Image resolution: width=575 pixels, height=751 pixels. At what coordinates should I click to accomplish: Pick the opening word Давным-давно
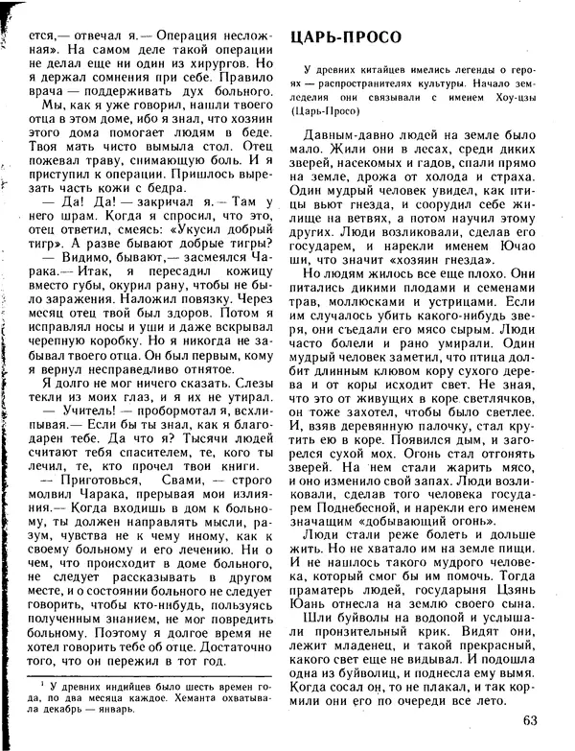(x=347, y=139)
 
